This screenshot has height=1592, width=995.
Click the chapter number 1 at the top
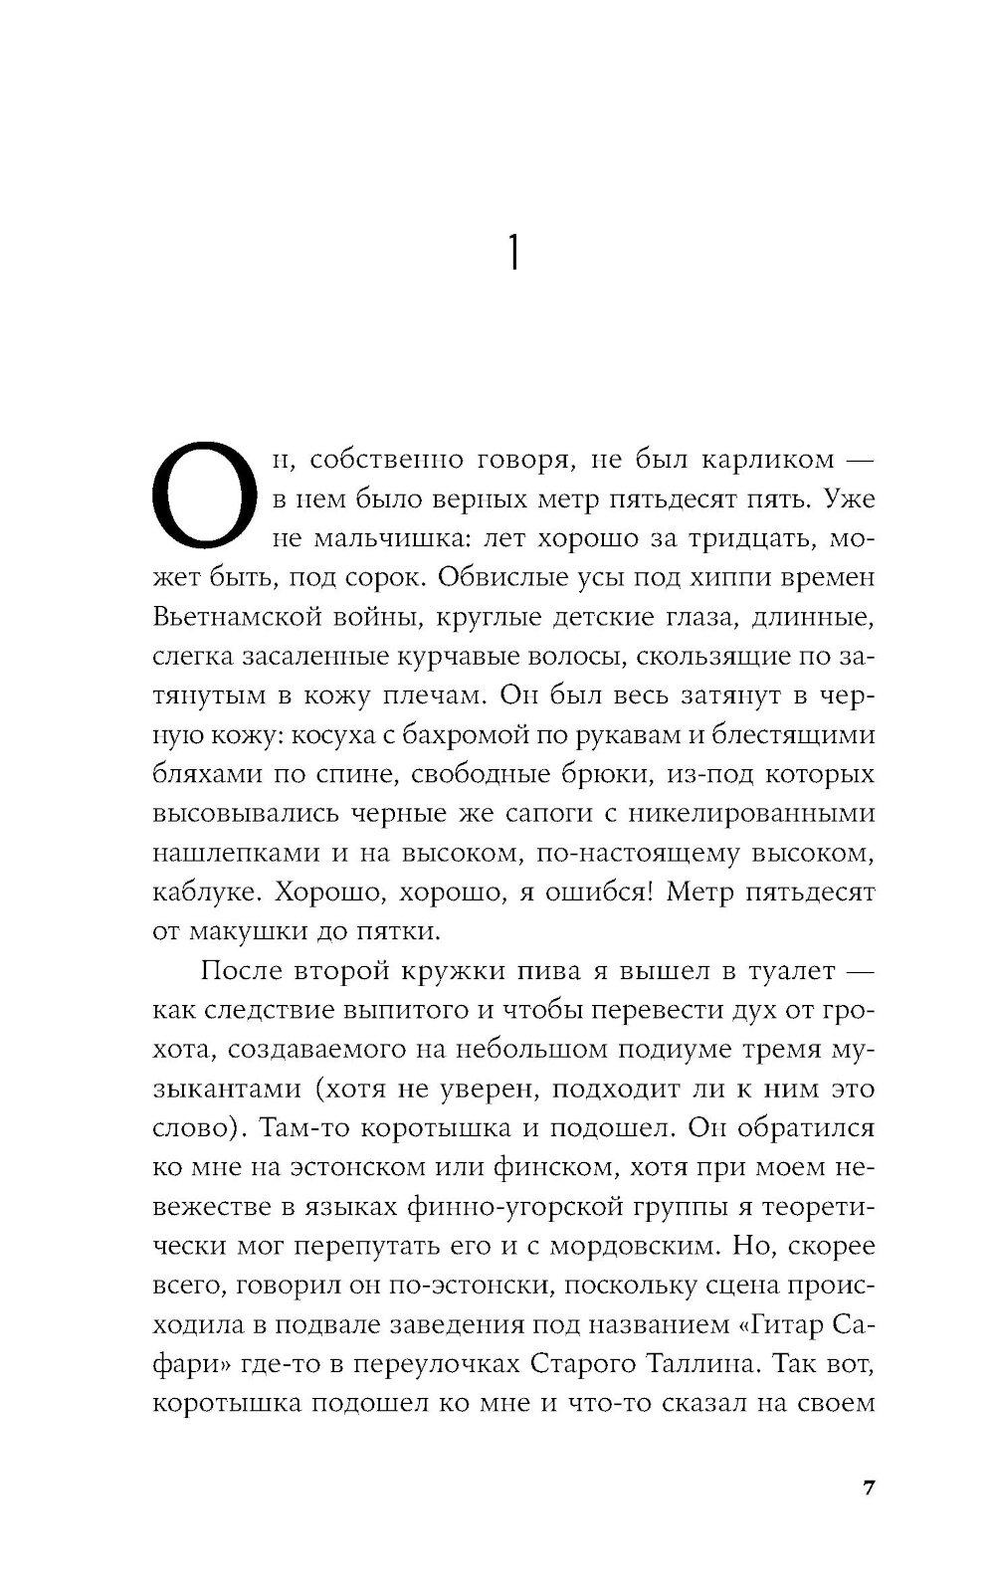pyautogui.click(x=511, y=256)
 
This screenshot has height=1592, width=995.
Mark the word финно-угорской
pyautogui.click(x=501, y=1207)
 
